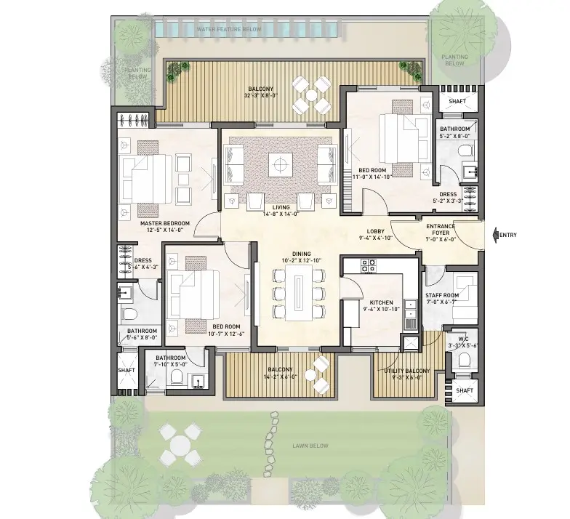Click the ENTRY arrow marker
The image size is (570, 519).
496,235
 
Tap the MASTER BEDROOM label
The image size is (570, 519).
164,223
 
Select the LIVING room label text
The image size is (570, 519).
281,208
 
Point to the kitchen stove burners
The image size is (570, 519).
368,265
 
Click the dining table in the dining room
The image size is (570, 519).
298,292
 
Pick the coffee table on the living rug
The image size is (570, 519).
281,165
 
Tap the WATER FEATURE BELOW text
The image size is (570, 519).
229,29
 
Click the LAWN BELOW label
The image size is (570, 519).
310,446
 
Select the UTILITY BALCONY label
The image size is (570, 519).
407,371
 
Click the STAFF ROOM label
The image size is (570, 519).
442,295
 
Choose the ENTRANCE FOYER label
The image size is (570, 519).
441,230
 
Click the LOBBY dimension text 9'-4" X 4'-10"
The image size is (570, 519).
375,238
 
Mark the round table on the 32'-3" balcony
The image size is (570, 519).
311,95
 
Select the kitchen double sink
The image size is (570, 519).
410,308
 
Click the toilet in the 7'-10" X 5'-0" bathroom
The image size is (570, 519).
176,377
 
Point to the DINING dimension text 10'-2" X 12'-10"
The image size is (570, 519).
301,260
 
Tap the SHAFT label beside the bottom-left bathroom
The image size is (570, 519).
127,370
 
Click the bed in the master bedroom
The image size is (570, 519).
145,179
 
